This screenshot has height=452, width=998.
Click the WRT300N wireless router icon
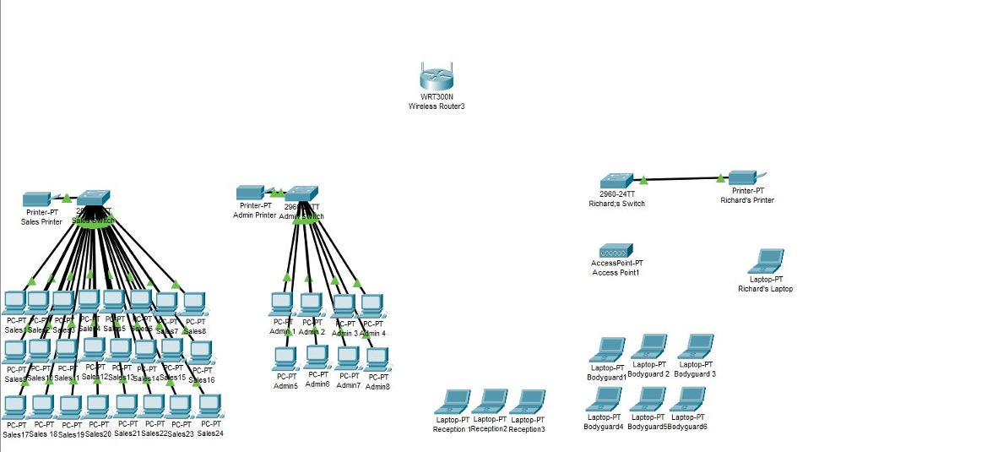click(437, 78)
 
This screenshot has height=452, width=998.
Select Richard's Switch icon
click(616, 181)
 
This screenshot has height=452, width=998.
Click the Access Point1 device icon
click(616, 251)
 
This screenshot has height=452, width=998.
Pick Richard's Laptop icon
click(770, 261)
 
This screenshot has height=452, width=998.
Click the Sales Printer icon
click(39, 199)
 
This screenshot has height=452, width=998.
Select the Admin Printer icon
click(252, 192)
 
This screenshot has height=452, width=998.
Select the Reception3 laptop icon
click(529, 401)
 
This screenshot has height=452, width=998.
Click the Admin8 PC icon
click(377, 359)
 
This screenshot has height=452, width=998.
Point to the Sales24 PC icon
click(209, 406)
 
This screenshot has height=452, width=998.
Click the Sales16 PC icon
click(200, 351)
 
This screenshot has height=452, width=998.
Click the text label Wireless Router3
click(437, 106)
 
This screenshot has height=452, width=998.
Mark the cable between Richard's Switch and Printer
click(681, 179)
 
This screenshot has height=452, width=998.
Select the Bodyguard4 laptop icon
click(604, 400)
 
